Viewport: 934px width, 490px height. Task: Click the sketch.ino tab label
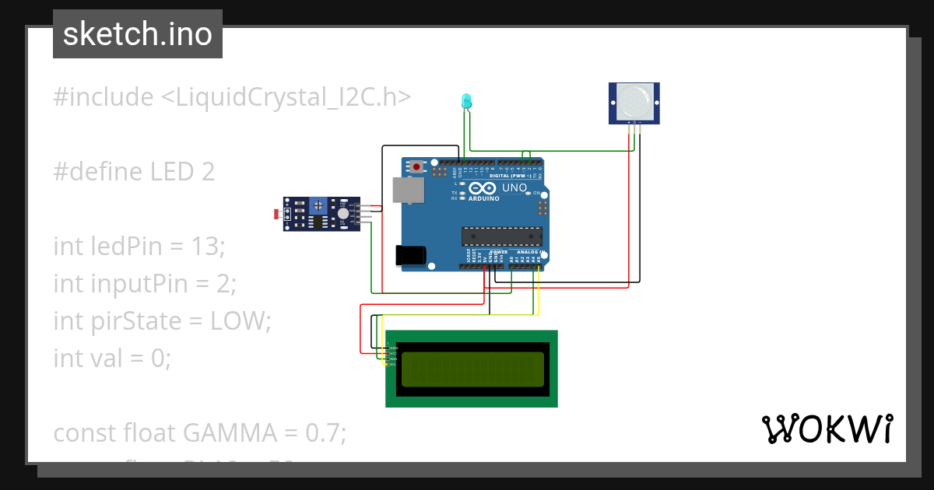point(138,34)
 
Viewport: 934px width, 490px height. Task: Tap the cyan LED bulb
point(466,100)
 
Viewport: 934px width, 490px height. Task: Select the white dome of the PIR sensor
point(634,101)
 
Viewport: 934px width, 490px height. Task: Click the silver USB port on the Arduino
point(406,190)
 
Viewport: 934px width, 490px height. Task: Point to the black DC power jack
point(411,256)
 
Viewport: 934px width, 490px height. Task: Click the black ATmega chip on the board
point(502,236)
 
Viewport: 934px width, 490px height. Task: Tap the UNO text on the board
point(514,188)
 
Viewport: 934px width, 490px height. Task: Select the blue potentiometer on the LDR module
point(318,205)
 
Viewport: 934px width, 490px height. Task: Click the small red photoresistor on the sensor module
point(279,213)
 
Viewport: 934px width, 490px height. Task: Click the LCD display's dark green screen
point(472,369)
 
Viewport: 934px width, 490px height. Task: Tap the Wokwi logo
point(827,429)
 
